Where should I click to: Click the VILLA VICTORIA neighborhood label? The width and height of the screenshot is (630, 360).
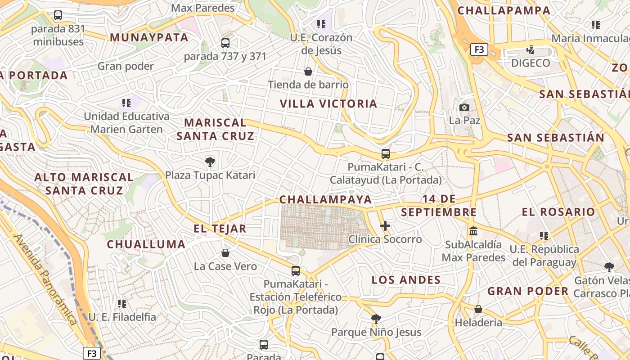coord(328,104)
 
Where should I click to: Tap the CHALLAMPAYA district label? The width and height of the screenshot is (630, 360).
coord(325,199)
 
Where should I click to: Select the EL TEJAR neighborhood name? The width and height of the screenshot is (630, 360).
coord(220,229)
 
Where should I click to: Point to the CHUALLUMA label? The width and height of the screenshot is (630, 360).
coord(146,244)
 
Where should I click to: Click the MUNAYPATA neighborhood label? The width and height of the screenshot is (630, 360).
coord(149,37)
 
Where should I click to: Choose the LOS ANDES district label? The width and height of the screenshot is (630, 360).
coord(406,280)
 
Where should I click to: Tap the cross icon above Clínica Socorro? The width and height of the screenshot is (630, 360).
coord(385,226)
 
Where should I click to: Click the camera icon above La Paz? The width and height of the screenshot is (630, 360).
coord(464,107)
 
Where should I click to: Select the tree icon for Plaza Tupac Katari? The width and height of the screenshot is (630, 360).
coord(210,162)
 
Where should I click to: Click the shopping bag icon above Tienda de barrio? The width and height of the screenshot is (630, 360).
coord(308,72)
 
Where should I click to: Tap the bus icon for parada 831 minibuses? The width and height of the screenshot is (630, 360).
coord(58,15)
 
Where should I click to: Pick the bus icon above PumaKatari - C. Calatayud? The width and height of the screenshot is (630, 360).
coord(386,154)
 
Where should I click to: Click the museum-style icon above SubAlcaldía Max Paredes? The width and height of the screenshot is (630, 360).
coord(473,231)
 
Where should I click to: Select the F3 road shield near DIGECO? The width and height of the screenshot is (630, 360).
coord(479,49)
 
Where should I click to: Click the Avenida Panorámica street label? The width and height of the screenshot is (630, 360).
coord(45,279)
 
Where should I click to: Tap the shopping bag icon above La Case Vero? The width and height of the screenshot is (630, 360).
coord(225,253)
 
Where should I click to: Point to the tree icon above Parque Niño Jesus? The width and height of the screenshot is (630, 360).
coord(376,319)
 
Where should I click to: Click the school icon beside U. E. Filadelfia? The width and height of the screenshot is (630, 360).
coord(122,304)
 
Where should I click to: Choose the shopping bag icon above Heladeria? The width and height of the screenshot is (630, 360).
coord(478,309)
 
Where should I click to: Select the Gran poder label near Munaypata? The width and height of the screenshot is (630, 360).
coord(126,67)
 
